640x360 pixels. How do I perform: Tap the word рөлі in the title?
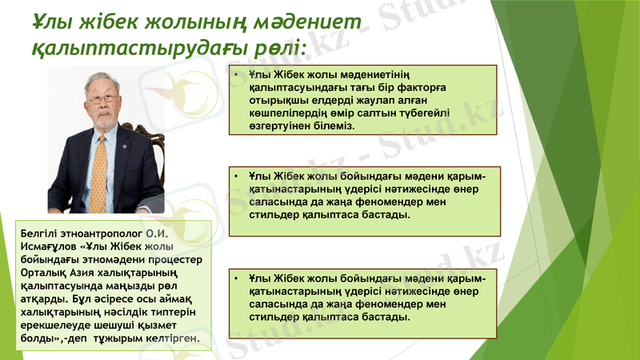[x=275, y=51]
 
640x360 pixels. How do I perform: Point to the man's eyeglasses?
[x=102, y=98]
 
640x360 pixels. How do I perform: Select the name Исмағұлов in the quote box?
[x=50, y=246]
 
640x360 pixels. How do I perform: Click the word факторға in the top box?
[x=422, y=89]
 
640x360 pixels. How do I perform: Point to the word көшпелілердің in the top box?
[x=287, y=113]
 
